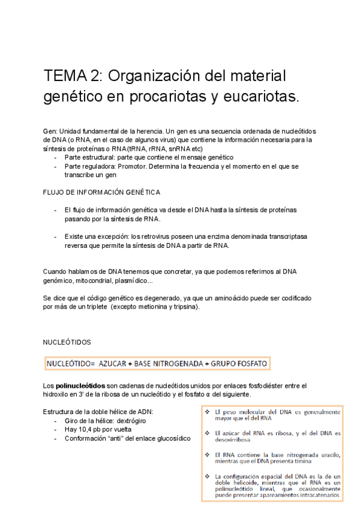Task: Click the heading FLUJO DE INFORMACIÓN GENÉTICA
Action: point(101,192)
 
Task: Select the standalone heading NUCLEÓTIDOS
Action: point(67,342)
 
